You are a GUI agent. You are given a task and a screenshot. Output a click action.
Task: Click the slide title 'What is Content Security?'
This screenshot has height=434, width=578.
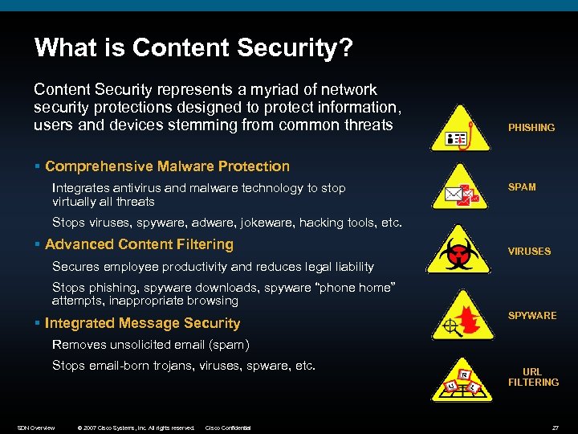[193, 48]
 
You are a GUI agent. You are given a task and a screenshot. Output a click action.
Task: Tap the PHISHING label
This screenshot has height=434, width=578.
[531, 128]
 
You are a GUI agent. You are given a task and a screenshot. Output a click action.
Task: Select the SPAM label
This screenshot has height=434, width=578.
[522, 187]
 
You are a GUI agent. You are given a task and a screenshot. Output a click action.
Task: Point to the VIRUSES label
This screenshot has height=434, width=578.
[529, 252]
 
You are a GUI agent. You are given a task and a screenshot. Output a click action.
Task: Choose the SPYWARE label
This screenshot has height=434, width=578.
[532, 316]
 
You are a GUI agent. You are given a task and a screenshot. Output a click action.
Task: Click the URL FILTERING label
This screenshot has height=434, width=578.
[532, 377]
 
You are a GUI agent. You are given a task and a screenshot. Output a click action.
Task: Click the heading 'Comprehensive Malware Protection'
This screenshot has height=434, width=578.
[167, 166]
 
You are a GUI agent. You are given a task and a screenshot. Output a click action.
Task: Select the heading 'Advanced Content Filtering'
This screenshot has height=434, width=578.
[139, 244]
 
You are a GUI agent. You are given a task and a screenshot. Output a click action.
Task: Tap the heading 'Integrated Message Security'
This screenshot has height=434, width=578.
[142, 323]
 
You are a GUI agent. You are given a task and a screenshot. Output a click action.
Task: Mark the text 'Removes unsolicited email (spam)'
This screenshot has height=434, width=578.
[151, 345]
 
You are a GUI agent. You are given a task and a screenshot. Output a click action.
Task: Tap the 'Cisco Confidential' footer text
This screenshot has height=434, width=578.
[228, 428]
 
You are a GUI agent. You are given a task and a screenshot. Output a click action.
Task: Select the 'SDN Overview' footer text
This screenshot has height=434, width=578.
[36, 428]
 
